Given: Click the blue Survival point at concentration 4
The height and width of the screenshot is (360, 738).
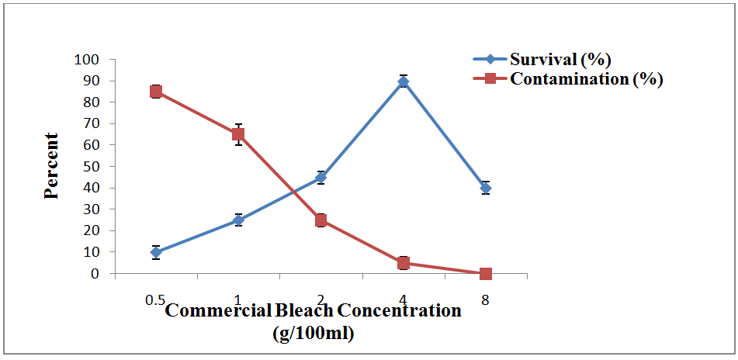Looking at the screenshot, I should pyautogui.click(x=404, y=81).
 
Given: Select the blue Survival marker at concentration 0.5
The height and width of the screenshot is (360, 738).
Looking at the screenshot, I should pyautogui.click(x=156, y=252).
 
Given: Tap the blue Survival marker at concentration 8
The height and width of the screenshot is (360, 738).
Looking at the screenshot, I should pyautogui.click(x=486, y=188).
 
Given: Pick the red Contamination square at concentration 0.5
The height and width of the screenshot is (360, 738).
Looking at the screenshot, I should pyautogui.click(x=156, y=92).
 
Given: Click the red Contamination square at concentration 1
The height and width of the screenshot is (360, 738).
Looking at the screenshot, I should pyautogui.click(x=238, y=134).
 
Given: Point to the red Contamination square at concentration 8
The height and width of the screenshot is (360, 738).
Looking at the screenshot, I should pyautogui.click(x=486, y=274).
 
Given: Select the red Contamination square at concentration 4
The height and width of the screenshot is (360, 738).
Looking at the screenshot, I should pyautogui.click(x=404, y=263).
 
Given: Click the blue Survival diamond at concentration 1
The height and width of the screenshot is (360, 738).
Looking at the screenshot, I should pyautogui.click(x=238, y=220).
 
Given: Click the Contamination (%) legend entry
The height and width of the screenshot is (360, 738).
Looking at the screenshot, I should pyautogui.click(x=586, y=78).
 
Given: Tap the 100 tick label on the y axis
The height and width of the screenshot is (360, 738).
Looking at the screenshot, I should pyautogui.click(x=87, y=60).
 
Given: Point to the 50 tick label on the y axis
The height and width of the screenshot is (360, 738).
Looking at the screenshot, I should pyautogui.click(x=92, y=167).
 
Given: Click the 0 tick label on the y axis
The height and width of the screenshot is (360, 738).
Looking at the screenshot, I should pyautogui.click(x=95, y=274).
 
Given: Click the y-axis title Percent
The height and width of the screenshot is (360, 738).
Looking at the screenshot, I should pyautogui.click(x=52, y=166).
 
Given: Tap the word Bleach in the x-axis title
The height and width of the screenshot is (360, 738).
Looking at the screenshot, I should pyautogui.click(x=303, y=311).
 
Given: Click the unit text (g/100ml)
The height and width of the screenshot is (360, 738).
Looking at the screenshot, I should pyautogui.click(x=314, y=334).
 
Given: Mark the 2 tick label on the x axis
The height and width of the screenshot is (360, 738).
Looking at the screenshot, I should pyautogui.click(x=320, y=299).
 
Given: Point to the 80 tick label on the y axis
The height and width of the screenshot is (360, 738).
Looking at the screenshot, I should pyautogui.click(x=92, y=102).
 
